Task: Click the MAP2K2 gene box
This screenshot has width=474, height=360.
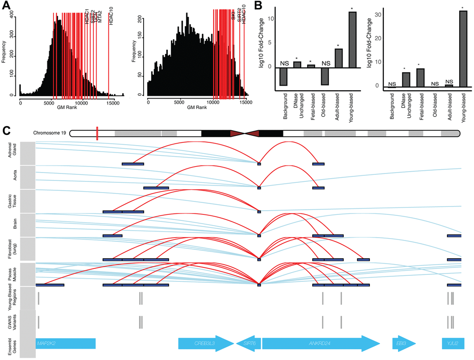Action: click(65, 343)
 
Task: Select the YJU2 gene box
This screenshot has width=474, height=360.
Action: click(453, 343)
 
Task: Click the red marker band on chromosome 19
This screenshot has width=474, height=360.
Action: click(97, 133)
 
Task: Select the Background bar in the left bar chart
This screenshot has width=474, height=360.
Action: click(283, 77)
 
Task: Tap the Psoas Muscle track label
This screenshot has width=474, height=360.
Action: click(13, 274)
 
